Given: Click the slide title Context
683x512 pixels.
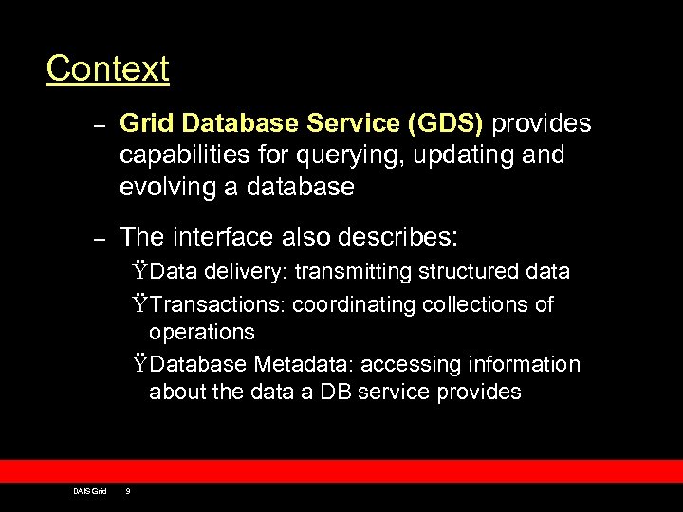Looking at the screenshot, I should [x=107, y=68].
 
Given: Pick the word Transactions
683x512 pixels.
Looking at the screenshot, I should [x=218, y=304].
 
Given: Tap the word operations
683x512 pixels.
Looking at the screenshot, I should [x=201, y=332].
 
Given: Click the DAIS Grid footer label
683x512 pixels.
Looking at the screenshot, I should [x=90, y=490].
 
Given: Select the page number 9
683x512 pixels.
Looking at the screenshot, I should [x=128, y=490].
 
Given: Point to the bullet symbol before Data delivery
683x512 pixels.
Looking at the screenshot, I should [x=140, y=272].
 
